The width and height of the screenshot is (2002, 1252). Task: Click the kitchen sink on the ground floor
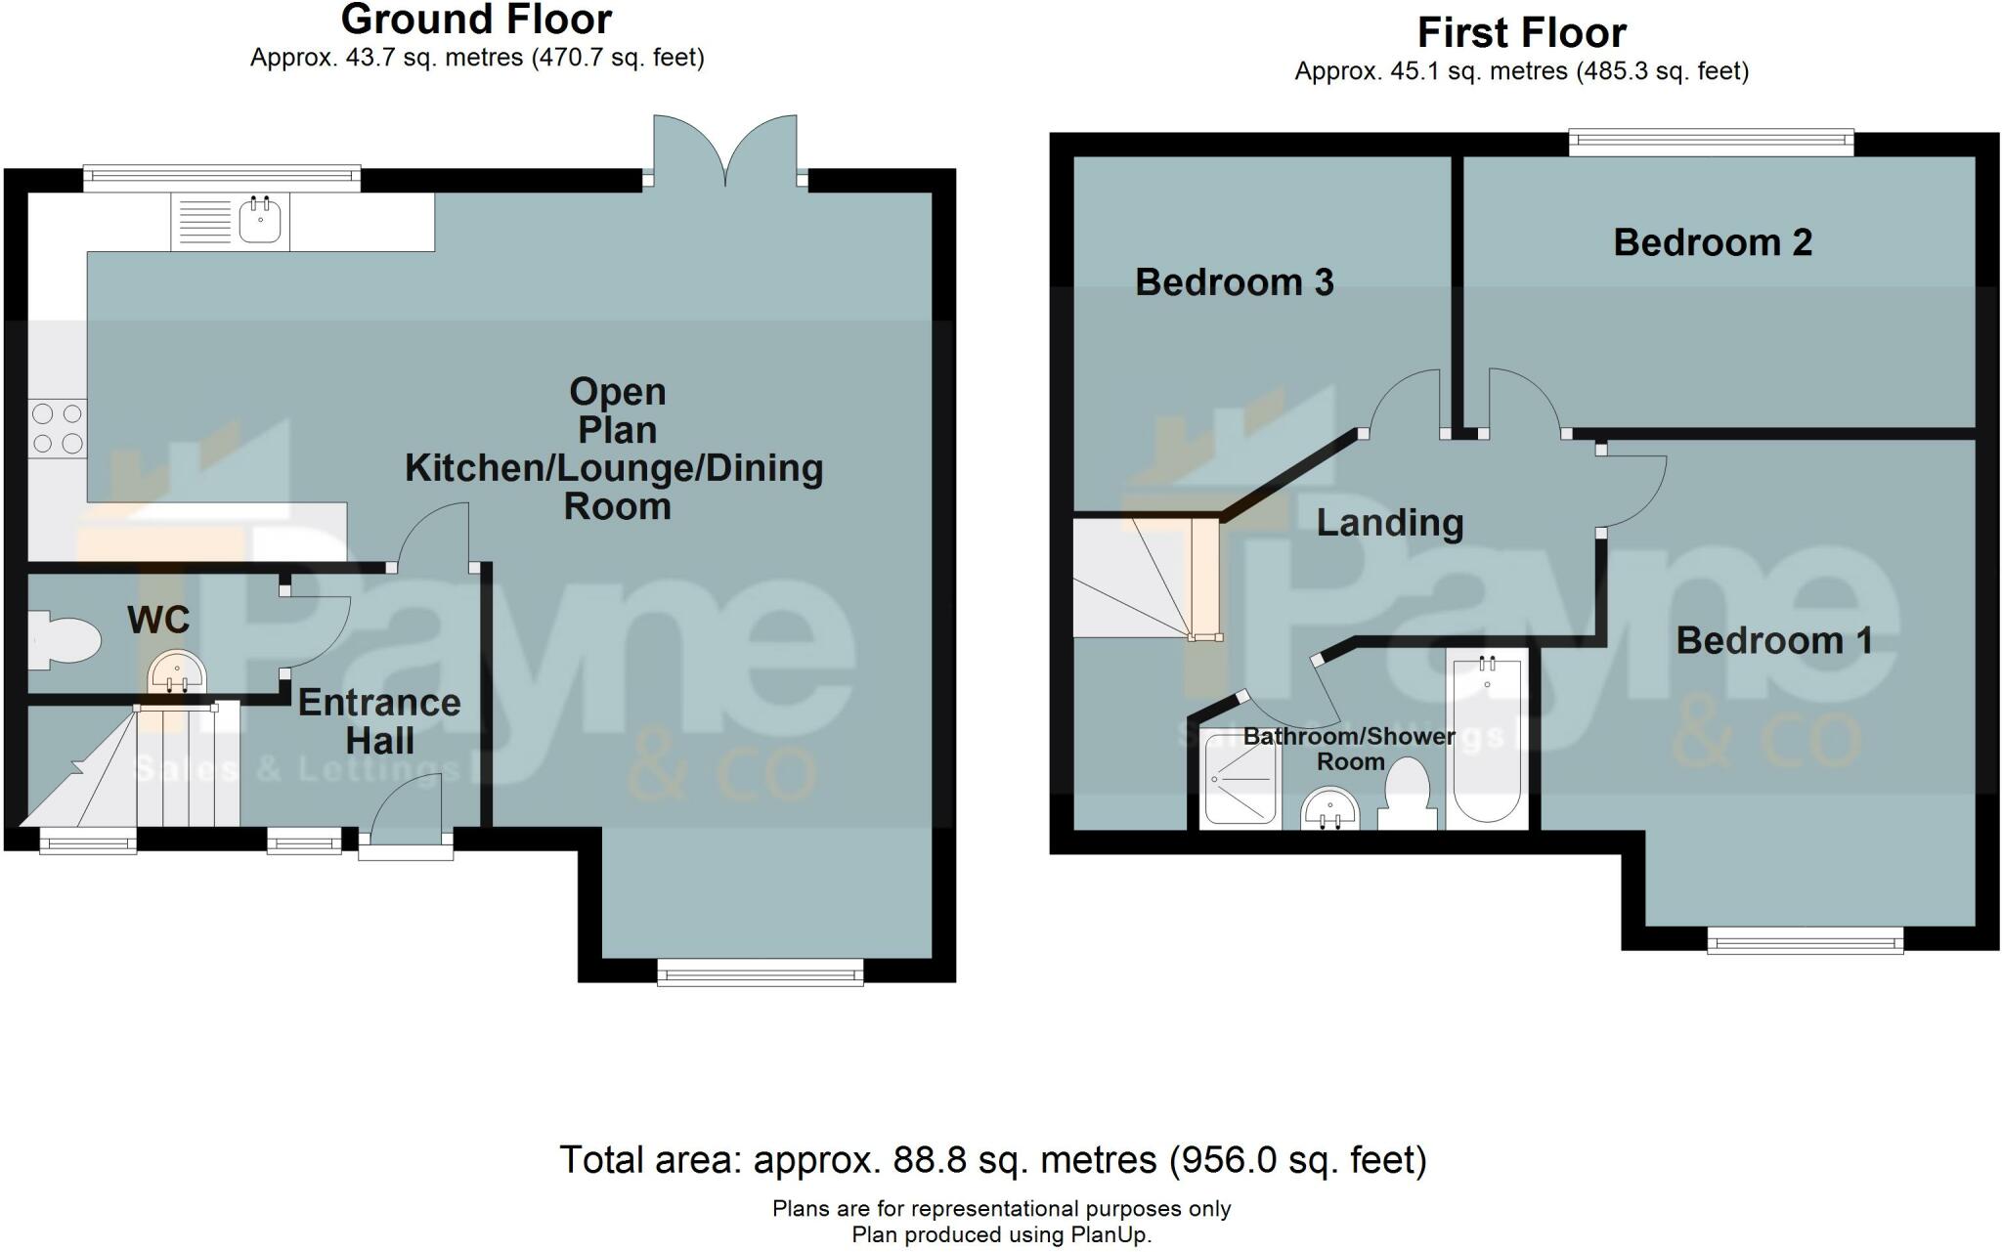coord(260,221)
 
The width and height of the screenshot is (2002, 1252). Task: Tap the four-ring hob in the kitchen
coord(57,429)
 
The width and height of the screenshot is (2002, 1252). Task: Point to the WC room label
coord(158,620)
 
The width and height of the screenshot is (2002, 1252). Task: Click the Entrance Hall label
coord(379,721)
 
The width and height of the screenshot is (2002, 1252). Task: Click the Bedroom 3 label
coord(1234,282)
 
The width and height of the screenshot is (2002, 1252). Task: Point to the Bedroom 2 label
coord(1713,242)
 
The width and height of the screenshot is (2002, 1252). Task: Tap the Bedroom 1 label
coord(1774,641)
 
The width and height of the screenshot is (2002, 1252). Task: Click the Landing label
coord(1389,523)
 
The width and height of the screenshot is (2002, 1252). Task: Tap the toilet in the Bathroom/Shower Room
coord(1407,795)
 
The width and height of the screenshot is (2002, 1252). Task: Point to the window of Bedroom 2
coord(1711,144)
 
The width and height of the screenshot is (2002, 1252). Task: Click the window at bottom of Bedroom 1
coord(1805,940)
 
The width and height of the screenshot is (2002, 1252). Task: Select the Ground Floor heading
coord(476,20)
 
